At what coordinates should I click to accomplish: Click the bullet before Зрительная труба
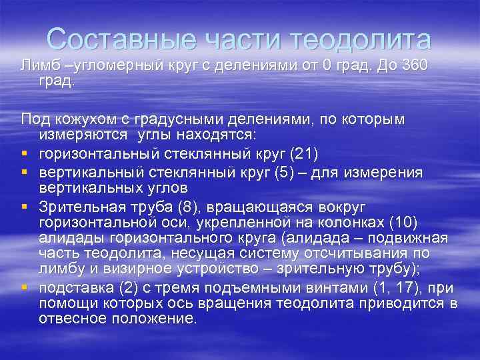(x=24, y=206)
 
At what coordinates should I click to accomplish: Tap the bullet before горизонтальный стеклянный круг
(x=24, y=154)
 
